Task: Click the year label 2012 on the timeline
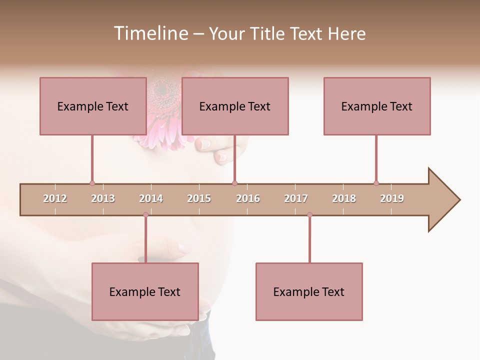tap(55, 198)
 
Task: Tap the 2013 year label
tap(103, 198)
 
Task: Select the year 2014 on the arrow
tap(151, 198)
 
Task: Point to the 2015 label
tap(199, 198)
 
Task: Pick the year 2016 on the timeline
tap(248, 198)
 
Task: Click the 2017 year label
tap(296, 198)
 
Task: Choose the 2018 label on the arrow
tap(344, 198)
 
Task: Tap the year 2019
tap(392, 198)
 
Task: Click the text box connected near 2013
tap(93, 106)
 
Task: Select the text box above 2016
tap(235, 106)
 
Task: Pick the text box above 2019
tap(377, 106)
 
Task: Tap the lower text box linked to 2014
tap(145, 291)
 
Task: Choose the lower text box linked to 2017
tap(309, 291)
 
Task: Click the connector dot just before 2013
tap(92, 183)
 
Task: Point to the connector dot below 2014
tap(145, 215)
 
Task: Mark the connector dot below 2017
tap(309, 215)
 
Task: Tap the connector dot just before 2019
tap(376, 183)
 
